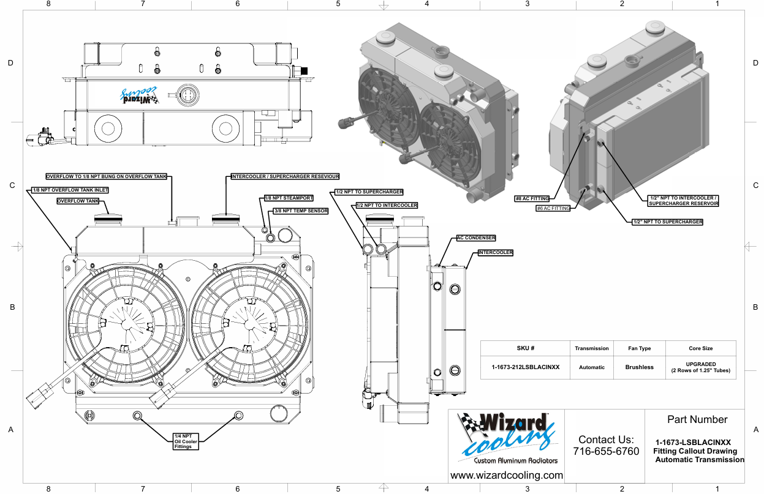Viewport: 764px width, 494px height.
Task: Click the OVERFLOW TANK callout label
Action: pyautogui.click(x=78, y=201)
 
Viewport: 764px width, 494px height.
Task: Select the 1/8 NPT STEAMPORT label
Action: pyautogui.click(x=289, y=198)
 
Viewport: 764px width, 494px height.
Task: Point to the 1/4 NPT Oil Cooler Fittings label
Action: pyautogui.click(x=183, y=441)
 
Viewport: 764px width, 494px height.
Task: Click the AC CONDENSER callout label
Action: pyautogui.click(x=476, y=238)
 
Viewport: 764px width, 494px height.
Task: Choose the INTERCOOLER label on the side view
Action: pyautogui.click(x=495, y=252)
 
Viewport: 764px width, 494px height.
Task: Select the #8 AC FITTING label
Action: pyautogui.click(x=532, y=198)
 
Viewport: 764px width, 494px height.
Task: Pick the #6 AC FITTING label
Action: pyautogui.click(x=553, y=208)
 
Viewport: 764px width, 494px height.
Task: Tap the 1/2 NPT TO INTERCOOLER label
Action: pyautogui.click(x=387, y=206)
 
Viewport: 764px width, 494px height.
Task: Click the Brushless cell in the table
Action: pyautogui.click(x=639, y=367)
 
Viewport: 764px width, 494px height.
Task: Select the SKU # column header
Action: pyautogui.click(x=526, y=348)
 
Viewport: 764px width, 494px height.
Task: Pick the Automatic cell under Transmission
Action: pyautogui.click(x=592, y=367)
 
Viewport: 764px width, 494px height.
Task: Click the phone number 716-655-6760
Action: pyautogui.click(x=606, y=451)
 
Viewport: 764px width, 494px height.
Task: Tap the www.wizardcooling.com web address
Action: pyautogui.click(x=507, y=475)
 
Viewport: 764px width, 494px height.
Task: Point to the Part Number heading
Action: pyautogui.click(x=697, y=419)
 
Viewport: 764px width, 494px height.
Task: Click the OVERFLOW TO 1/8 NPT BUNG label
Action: pyautogui.click(x=107, y=176)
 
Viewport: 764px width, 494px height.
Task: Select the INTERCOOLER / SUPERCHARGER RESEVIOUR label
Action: pyautogui.click(x=285, y=176)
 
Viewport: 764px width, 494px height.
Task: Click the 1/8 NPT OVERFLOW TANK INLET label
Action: pyautogui.click(x=70, y=190)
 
